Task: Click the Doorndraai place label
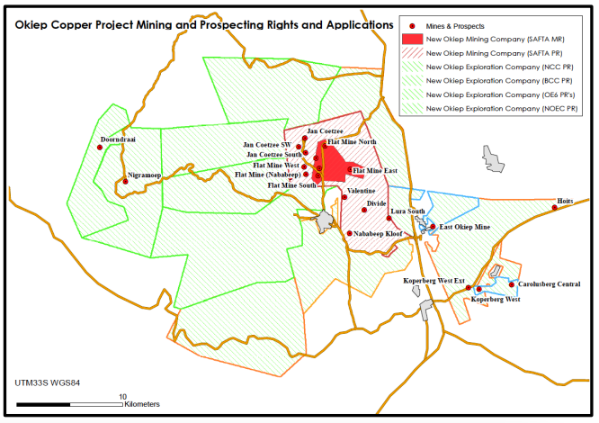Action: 116,139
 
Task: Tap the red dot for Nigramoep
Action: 125,182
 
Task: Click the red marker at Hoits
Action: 554,208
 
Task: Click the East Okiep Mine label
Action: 466,227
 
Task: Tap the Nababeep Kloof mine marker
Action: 349,233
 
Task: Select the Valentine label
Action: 361,192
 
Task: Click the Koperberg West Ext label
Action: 434,281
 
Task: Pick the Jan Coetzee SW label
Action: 266,144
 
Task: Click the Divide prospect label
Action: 375,204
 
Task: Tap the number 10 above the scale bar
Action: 122,395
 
